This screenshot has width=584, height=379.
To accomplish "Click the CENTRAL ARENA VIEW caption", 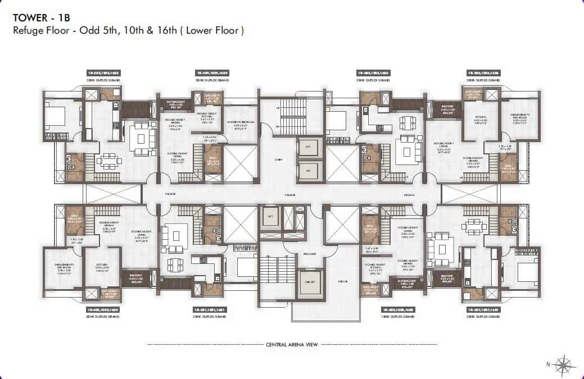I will (291, 344).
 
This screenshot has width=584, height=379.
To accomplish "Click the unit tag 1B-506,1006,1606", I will (483, 73).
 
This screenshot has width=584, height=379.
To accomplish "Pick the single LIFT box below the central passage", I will (270, 216).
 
